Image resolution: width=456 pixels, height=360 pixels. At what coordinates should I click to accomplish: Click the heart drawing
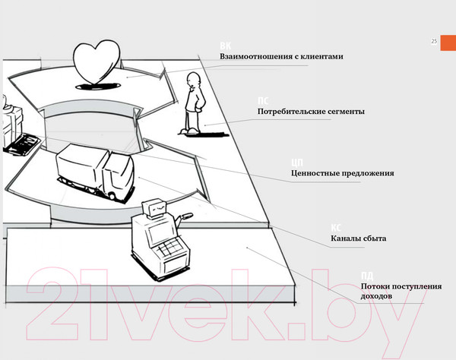[98, 61]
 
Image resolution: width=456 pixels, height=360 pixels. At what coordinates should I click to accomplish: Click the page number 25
[433, 41]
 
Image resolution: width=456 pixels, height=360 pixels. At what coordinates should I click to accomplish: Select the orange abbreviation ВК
[226, 46]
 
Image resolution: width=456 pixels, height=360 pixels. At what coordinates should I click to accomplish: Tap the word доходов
[377, 295]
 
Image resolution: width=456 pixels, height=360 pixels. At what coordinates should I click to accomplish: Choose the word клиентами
[322, 57]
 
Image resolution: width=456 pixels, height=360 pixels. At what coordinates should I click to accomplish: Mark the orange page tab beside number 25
[448, 41]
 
